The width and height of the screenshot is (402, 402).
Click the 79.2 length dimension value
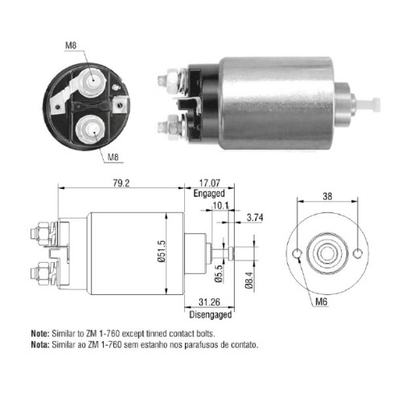click(121, 183)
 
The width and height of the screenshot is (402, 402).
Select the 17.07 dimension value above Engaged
click(210, 183)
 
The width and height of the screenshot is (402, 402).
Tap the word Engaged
click(209, 194)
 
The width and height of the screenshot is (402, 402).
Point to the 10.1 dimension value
click(221, 206)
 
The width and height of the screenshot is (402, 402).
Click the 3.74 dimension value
click(255, 217)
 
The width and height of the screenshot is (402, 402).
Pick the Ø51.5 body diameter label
click(162, 251)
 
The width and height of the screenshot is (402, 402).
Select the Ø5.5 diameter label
click(219, 274)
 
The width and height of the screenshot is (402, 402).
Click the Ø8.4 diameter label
click(248, 280)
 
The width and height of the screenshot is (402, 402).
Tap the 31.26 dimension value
click(209, 302)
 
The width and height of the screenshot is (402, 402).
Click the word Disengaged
click(211, 314)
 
